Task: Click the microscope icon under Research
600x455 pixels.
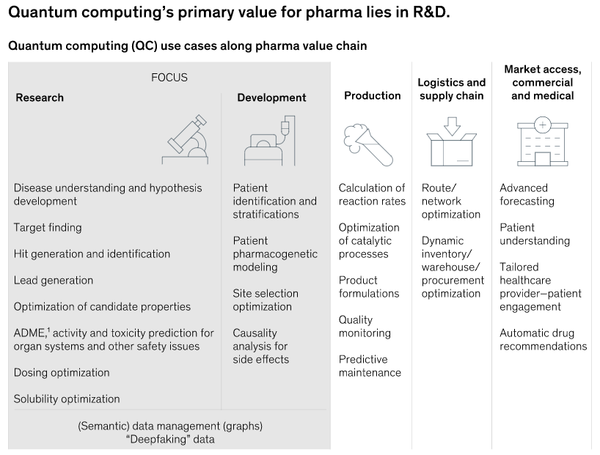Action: click(x=186, y=140)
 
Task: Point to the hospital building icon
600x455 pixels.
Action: click(x=542, y=141)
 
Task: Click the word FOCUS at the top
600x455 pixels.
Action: click(x=169, y=77)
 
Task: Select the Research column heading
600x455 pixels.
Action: click(x=40, y=97)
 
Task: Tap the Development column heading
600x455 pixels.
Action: click(x=271, y=97)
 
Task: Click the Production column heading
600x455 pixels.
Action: click(x=373, y=95)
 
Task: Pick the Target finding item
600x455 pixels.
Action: click(x=48, y=227)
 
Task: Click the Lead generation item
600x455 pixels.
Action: click(x=54, y=280)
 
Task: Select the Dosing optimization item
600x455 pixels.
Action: click(x=62, y=372)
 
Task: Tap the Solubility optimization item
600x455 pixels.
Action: click(x=67, y=399)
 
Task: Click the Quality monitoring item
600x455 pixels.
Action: click(x=365, y=326)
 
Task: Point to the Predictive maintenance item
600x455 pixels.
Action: click(x=370, y=366)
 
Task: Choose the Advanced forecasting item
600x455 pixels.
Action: click(x=527, y=194)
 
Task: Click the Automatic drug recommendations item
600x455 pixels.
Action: click(x=543, y=339)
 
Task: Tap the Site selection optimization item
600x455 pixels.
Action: click(x=266, y=300)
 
